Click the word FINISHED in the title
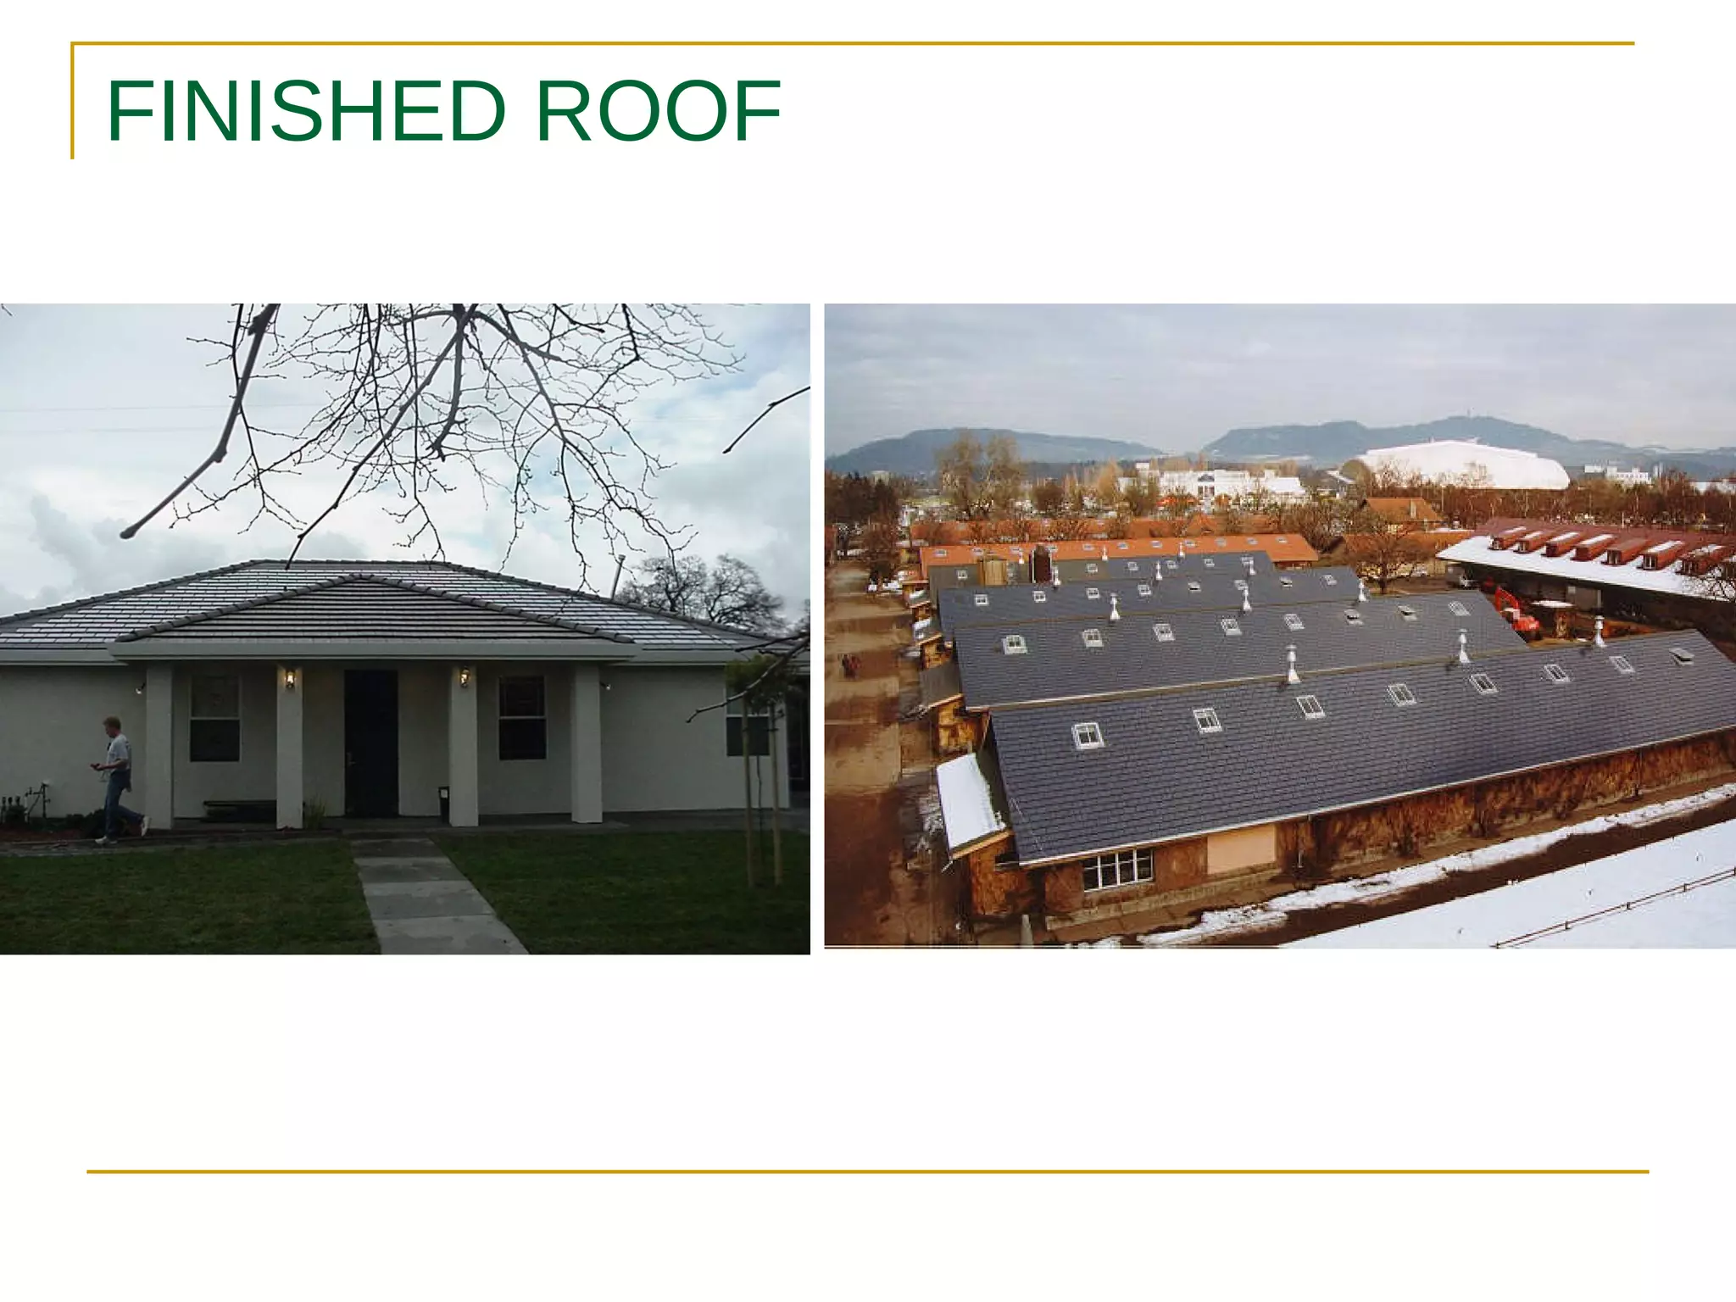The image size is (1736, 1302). (306, 111)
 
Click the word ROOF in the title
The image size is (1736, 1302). (658, 111)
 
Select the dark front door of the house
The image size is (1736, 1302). (370, 743)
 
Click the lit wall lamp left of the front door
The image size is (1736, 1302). (290, 678)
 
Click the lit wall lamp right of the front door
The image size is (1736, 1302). (465, 677)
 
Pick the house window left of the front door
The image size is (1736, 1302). (214, 718)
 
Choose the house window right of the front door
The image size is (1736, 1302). (521, 717)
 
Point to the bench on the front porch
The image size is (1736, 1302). (239, 809)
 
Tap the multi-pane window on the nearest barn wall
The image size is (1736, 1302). (1117, 869)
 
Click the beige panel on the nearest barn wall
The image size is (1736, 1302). (1241, 849)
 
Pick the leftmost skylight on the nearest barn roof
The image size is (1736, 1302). (1088, 735)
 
